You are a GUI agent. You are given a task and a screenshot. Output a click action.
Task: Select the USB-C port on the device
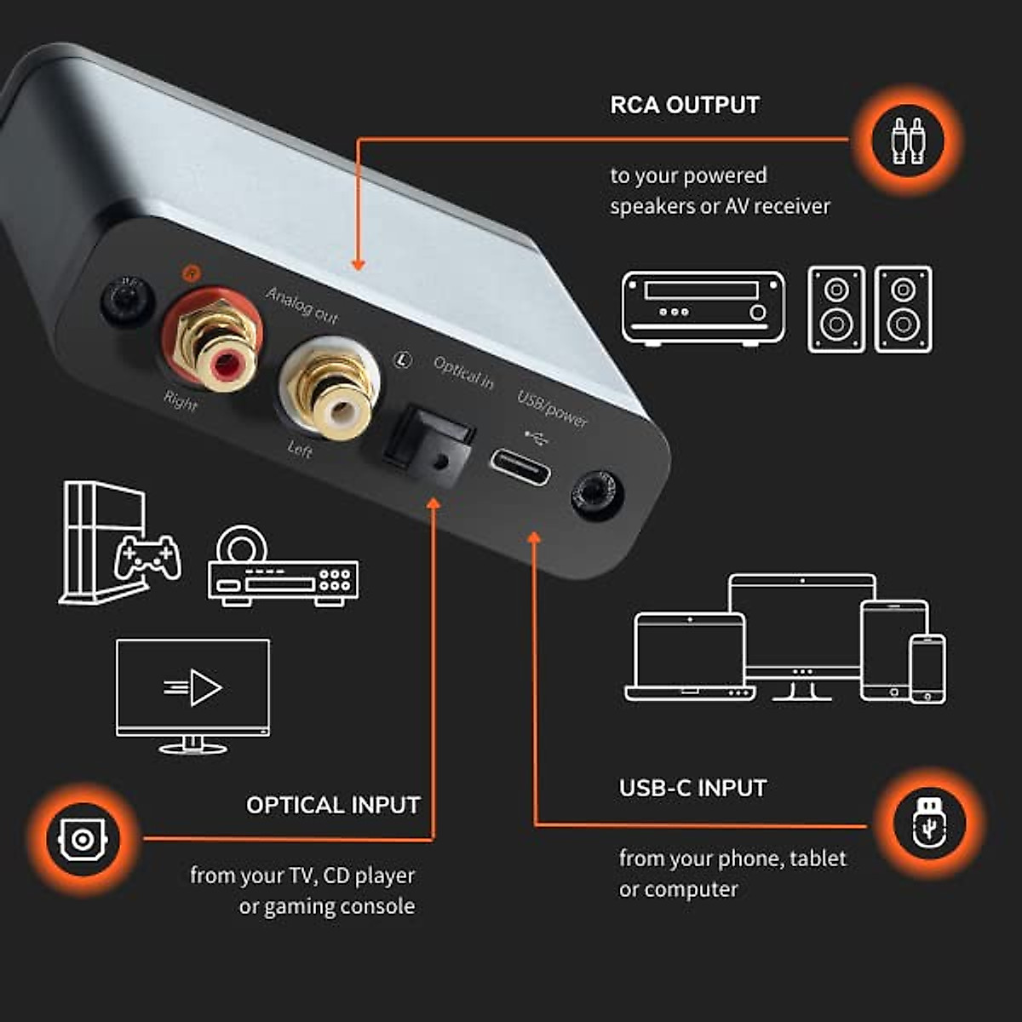coord(519,466)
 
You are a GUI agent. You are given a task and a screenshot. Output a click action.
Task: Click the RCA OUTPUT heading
coord(685,105)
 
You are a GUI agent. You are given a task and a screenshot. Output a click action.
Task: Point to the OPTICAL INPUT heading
coord(333,805)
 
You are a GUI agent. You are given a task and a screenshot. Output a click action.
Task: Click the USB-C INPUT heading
coord(692,788)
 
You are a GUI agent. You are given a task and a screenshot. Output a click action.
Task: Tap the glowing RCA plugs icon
coord(907,139)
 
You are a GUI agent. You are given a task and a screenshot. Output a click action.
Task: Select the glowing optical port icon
coord(82,839)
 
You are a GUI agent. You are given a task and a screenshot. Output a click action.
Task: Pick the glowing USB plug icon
coord(928,824)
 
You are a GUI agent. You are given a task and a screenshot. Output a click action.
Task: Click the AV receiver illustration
coord(703,307)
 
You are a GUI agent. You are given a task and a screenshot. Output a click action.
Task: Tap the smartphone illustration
coord(927,669)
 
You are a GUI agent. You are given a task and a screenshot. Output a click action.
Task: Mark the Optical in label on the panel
coord(463,373)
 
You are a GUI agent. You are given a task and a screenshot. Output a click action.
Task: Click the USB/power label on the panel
coord(553,408)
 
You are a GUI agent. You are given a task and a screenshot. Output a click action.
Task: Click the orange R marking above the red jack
coord(191,273)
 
